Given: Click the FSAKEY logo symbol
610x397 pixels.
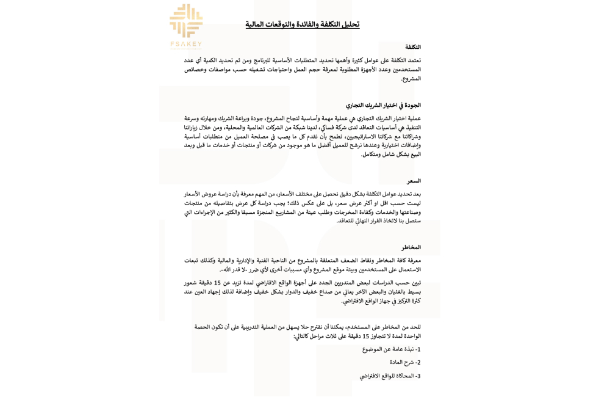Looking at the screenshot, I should pyautogui.click(x=186, y=21).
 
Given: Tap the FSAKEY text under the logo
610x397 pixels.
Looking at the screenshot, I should pyautogui.click(x=186, y=45).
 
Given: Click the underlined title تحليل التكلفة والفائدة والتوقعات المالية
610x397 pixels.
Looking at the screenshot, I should pyautogui.click(x=303, y=24).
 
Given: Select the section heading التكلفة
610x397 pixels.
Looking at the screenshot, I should pyautogui.click(x=413, y=47).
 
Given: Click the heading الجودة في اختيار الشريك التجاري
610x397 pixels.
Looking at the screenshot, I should pyautogui.click(x=383, y=105).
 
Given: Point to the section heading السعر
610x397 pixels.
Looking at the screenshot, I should pyautogui.click(x=414, y=181).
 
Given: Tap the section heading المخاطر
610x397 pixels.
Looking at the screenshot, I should pyautogui.click(x=411, y=247).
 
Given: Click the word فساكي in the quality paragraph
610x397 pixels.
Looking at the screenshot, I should pyautogui.click(x=324, y=127).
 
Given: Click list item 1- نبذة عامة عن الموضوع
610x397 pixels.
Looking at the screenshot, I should pyautogui.click(x=391, y=349).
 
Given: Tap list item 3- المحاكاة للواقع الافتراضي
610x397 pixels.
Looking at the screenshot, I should pyautogui.click(x=390, y=376).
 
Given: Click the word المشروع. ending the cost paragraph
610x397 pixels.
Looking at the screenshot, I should pyautogui.click(x=411, y=78).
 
